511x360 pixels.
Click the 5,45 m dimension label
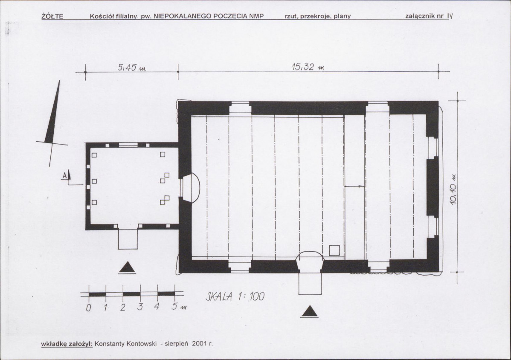coord(132,68)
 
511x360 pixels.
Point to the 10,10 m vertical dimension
coord(454,191)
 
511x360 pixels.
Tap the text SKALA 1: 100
coord(235,296)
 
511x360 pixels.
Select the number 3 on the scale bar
coord(140,307)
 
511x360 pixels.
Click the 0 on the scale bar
coord(88,308)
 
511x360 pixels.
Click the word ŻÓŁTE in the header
coord(52,16)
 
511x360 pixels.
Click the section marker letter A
coord(65,175)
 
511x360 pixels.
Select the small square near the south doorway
coord(334,250)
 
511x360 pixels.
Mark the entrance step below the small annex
coord(128,239)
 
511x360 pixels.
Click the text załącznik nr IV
coord(429,16)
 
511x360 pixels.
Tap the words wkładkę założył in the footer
coord(67,344)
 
